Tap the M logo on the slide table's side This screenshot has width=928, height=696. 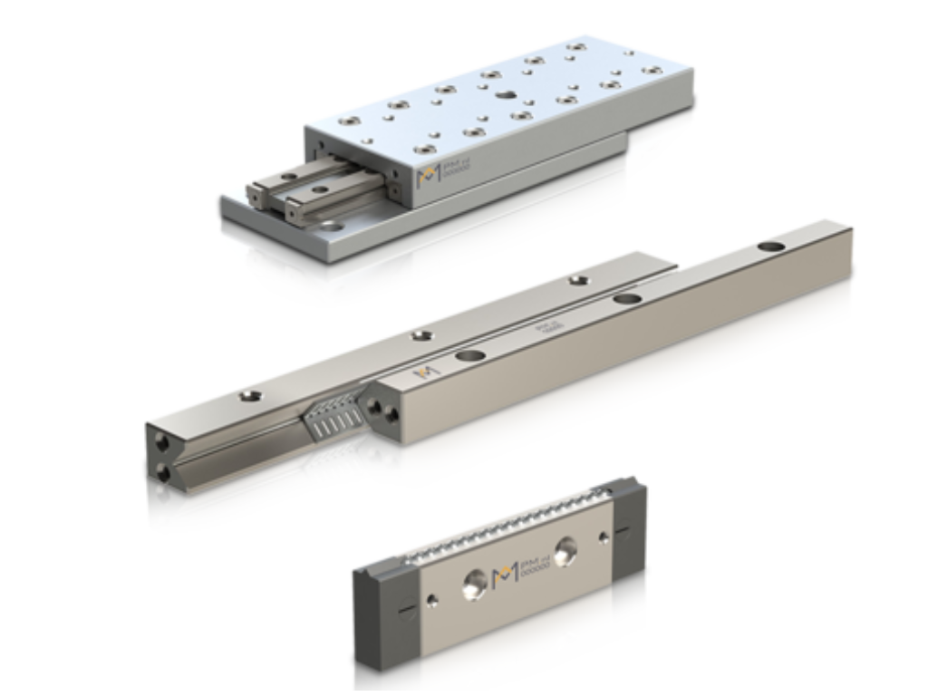[426, 177]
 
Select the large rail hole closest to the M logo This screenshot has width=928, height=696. [469, 356]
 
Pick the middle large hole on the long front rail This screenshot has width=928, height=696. [625, 299]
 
